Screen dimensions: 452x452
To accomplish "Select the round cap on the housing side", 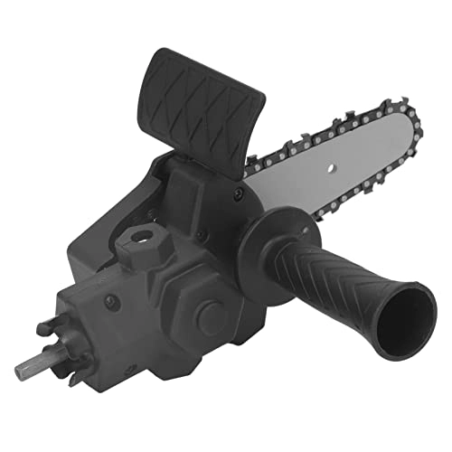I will pyautogui.click(x=211, y=316).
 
